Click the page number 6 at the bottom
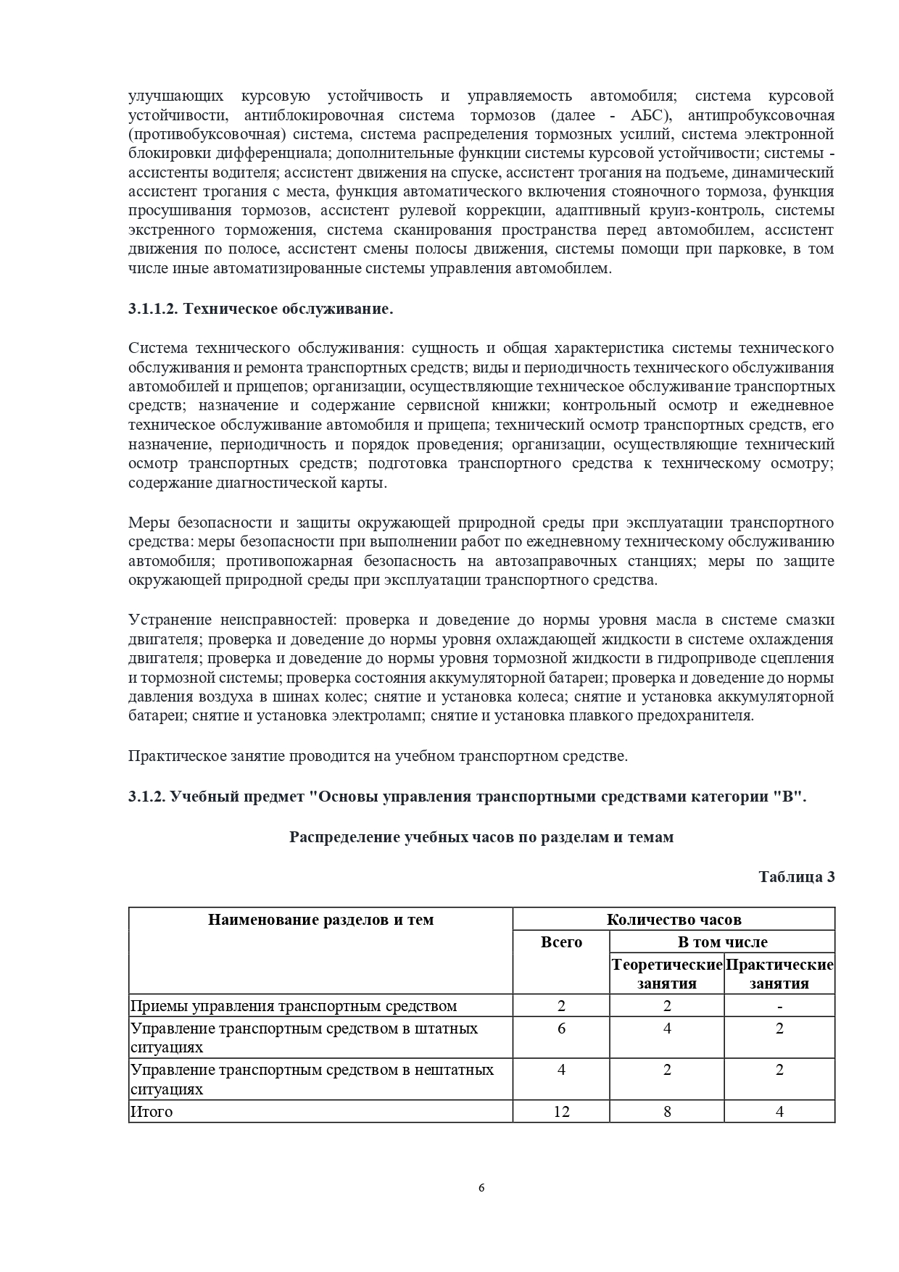coord(481,1187)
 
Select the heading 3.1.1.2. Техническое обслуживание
coord(261,309)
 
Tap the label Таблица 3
coord(796,876)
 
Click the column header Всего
coord(561,941)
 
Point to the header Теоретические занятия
coord(667,974)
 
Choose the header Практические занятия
coord(779,974)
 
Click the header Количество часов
coord(674,919)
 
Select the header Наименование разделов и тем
coord(320,919)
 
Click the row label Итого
coord(152,1111)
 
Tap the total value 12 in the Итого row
coord(561,1111)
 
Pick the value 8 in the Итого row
coord(667,1111)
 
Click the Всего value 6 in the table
coord(561,1028)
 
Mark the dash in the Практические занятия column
coord(779,1005)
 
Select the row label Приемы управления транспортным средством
coord(293,1005)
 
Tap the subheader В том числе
coord(722,941)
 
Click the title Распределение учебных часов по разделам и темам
coord(481,836)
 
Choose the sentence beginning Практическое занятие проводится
coord(377,756)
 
